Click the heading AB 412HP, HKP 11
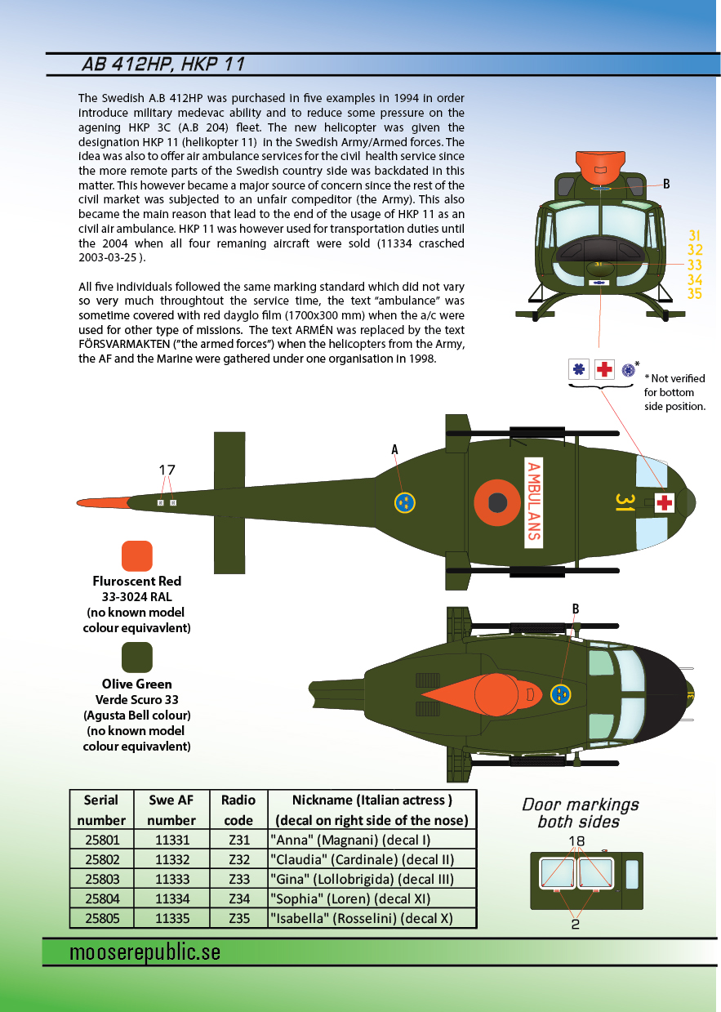pos(163,65)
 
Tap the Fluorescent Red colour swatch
pos(137,555)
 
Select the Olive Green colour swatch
pos(137,658)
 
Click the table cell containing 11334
pos(171,898)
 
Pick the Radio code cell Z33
pos(239,879)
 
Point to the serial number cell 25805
pos(102,919)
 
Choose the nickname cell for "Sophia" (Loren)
pos(372,898)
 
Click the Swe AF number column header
pos(171,810)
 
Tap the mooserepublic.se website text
pos(145,952)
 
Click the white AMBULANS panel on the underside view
pos(533,502)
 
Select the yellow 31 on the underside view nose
pos(625,503)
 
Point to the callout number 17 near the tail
pos(167,470)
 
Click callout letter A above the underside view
pos(394,449)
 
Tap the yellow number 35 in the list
pos(695,294)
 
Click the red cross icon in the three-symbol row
pos(604,369)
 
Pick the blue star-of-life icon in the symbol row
pos(579,369)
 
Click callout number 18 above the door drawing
pos(576,841)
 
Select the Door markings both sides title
pos(580,814)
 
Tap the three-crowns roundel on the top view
pos(561,694)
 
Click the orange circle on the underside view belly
pos(497,502)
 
